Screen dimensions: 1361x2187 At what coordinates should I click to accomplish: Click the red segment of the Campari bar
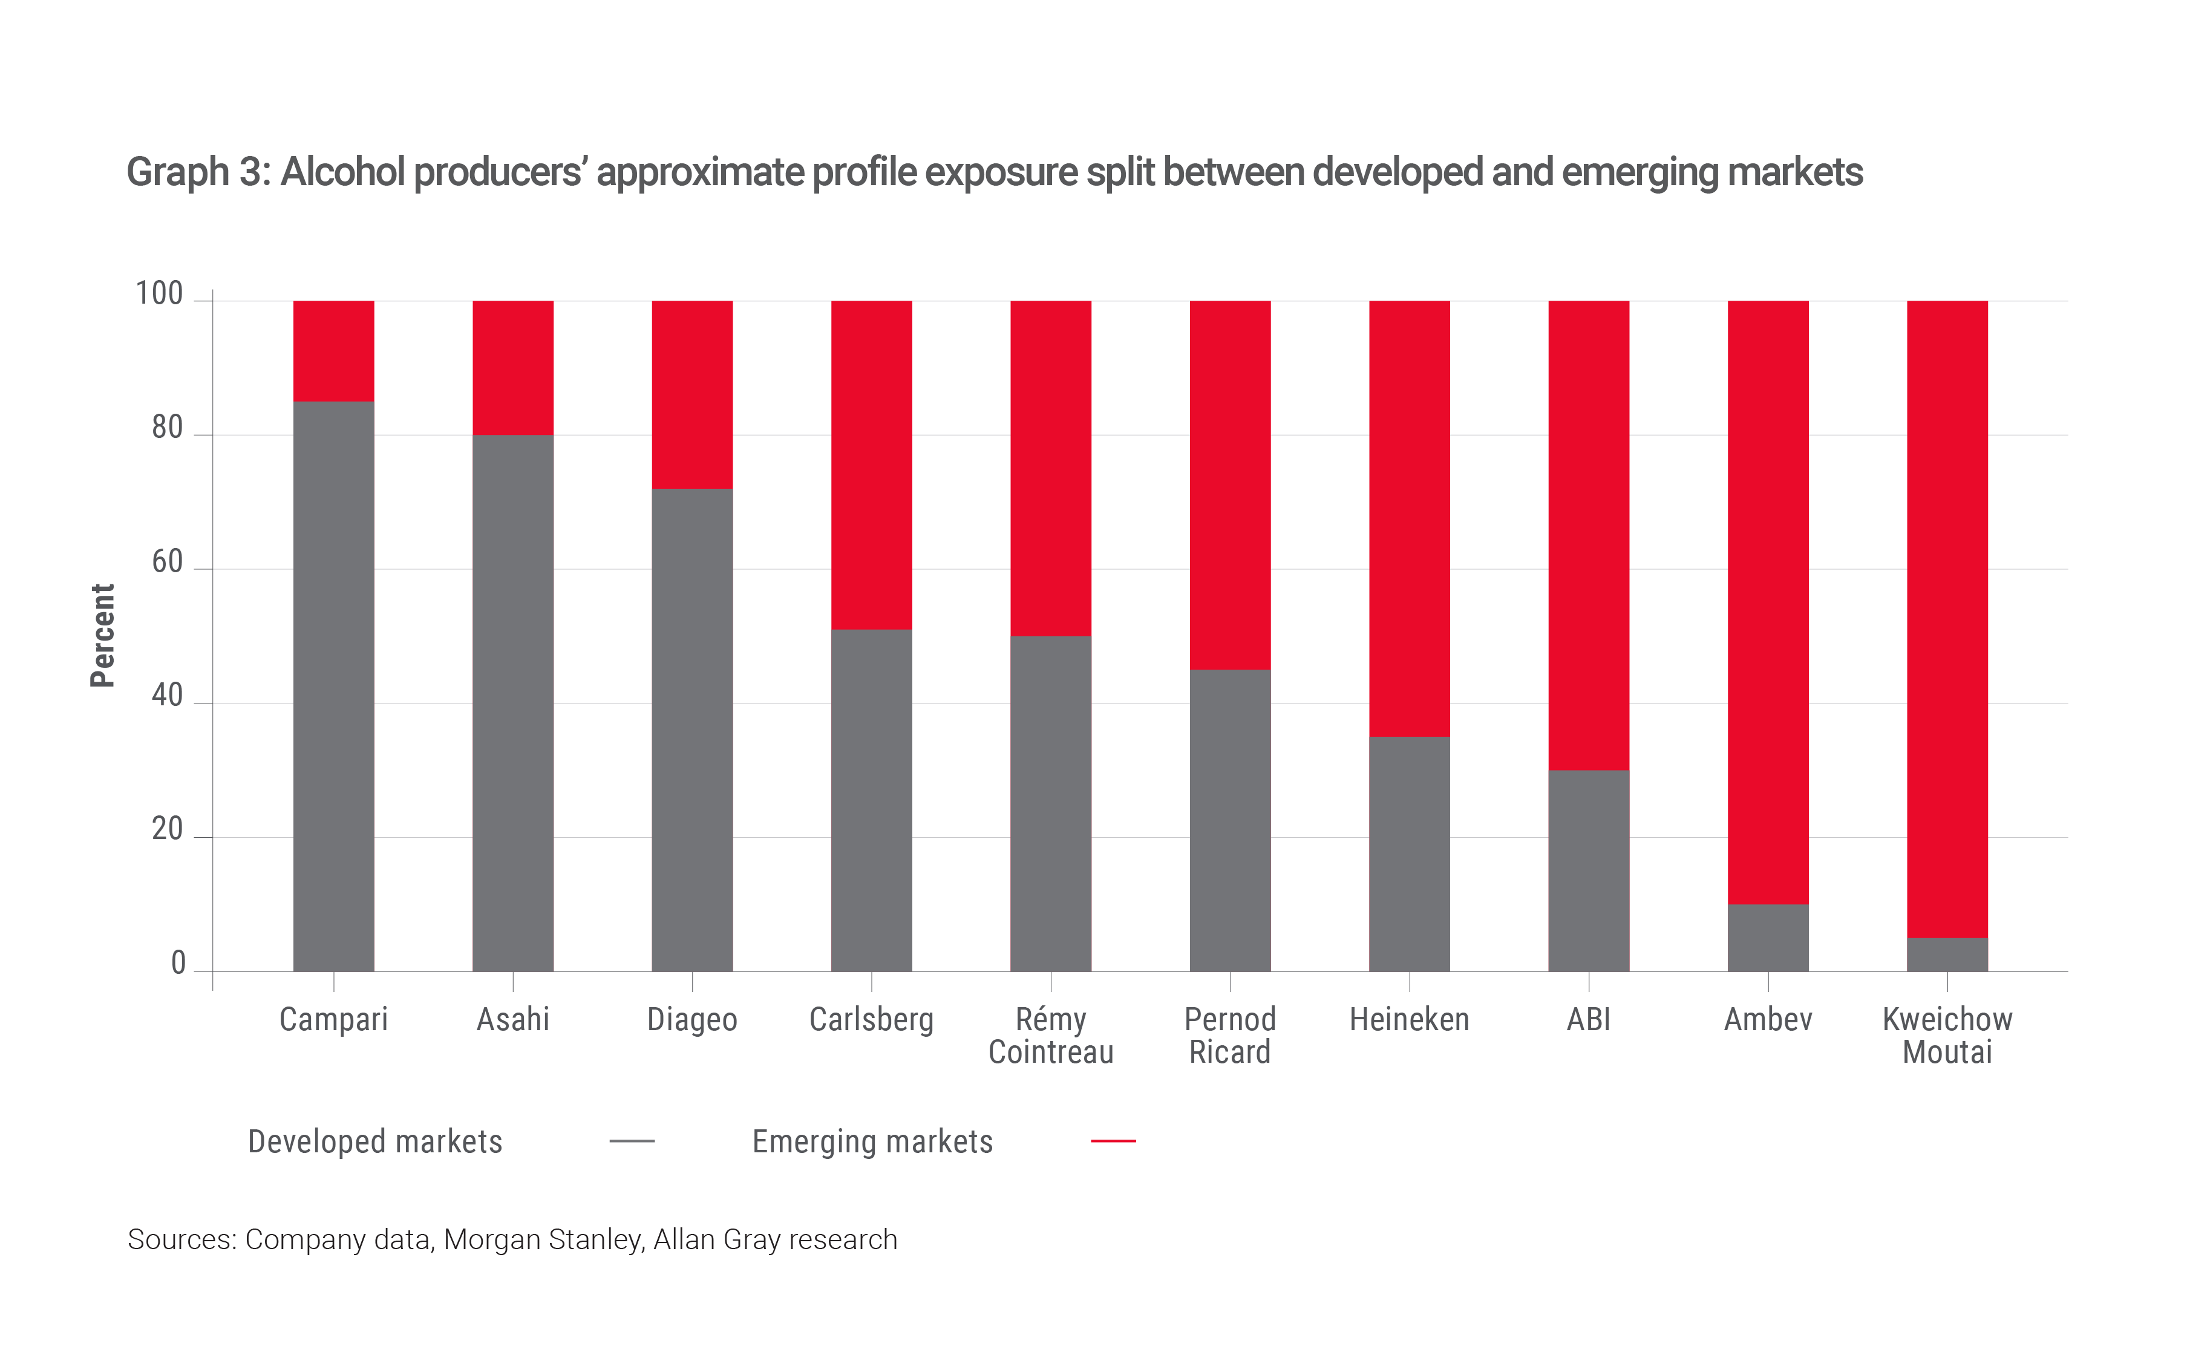tap(334, 351)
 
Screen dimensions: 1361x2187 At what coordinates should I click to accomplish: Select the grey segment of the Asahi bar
tap(513, 702)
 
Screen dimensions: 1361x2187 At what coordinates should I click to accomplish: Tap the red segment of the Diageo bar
tap(692, 394)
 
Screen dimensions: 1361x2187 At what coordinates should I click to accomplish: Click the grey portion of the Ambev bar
tap(1768, 938)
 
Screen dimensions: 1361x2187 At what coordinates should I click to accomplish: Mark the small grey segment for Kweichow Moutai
tap(1947, 954)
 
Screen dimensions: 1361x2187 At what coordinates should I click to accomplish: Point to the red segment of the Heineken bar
tap(1410, 518)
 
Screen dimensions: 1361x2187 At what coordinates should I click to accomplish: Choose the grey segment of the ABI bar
tap(1589, 870)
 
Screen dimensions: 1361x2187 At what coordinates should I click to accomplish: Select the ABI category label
tap(1589, 1020)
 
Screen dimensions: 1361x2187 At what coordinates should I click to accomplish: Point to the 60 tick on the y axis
tap(168, 562)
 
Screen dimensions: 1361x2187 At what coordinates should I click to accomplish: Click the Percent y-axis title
tap(103, 636)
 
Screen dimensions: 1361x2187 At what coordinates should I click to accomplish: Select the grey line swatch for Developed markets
tap(632, 1141)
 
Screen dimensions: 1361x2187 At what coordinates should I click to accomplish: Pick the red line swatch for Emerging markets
tap(1113, 1141)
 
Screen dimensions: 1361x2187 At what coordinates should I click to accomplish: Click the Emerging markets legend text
tap(872, 1141)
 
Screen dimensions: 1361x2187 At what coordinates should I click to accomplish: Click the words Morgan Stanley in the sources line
tap(543, 1239)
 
